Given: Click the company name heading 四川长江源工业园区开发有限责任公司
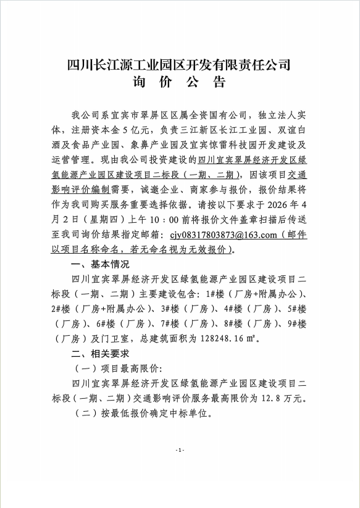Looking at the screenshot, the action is pyautogui.click(x=179, y=64).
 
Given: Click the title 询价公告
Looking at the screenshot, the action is pyautogui.click(x=179, y=83).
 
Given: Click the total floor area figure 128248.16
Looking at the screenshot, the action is pyautogui.click(x=213, y=338).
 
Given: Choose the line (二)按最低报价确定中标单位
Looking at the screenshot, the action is pyautogui.click(x=142, y=414).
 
